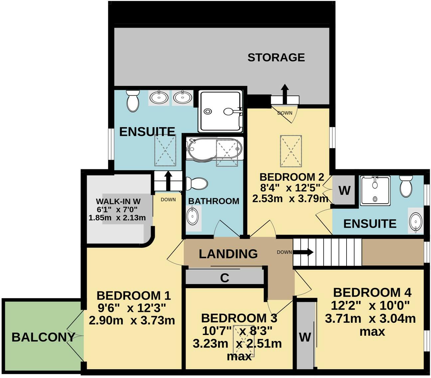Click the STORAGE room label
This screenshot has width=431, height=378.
(x=276, y=57)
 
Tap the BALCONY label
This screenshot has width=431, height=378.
(x=43, y=337)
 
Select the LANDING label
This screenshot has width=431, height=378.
(x=228, y=254)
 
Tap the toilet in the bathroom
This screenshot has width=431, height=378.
(x=197, y=183)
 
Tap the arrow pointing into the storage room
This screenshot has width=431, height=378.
(x=285, y=94)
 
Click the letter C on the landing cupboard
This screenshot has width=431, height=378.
(x=225, y=278)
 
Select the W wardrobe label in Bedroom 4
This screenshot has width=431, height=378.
(x=305, y=337)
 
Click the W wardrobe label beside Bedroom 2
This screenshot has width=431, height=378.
(x=344, y=191)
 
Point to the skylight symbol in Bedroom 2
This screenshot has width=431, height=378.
(x=291, y=151)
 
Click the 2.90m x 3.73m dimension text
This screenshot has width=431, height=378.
(x=132, y=320)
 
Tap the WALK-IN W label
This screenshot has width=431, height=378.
(x=118, y=201)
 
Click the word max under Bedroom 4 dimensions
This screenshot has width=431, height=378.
(x=372, y=331)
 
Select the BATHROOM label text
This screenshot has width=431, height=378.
(x=214, y=201)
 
